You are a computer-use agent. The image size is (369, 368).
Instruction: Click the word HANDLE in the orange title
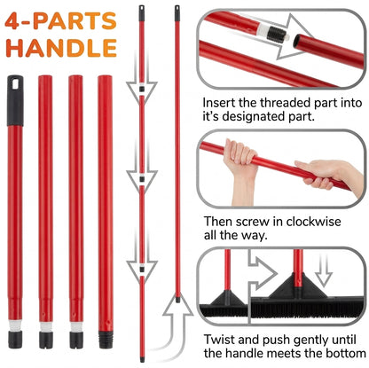[x=61, y=47]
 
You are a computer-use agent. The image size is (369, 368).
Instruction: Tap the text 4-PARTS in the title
[x=60, y=21]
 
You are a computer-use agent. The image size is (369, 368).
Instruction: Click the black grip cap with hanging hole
[x=15, y=100]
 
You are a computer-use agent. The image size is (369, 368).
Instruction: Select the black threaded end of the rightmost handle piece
[x=106, y=340]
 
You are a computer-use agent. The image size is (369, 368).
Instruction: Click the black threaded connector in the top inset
[x=277, y=34]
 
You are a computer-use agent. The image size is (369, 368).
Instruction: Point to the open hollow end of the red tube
[x=297, y=41]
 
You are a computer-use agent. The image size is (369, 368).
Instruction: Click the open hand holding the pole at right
[x=321, y=173]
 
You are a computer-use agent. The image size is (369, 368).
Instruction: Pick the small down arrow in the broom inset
[x=324, y=270]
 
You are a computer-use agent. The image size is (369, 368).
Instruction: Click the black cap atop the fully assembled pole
[x=177, y=13]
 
